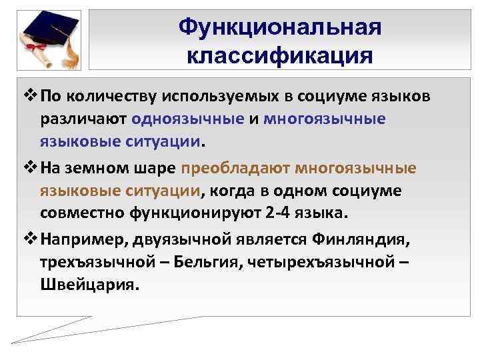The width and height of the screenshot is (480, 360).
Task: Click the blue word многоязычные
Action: (x=325, y=119)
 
